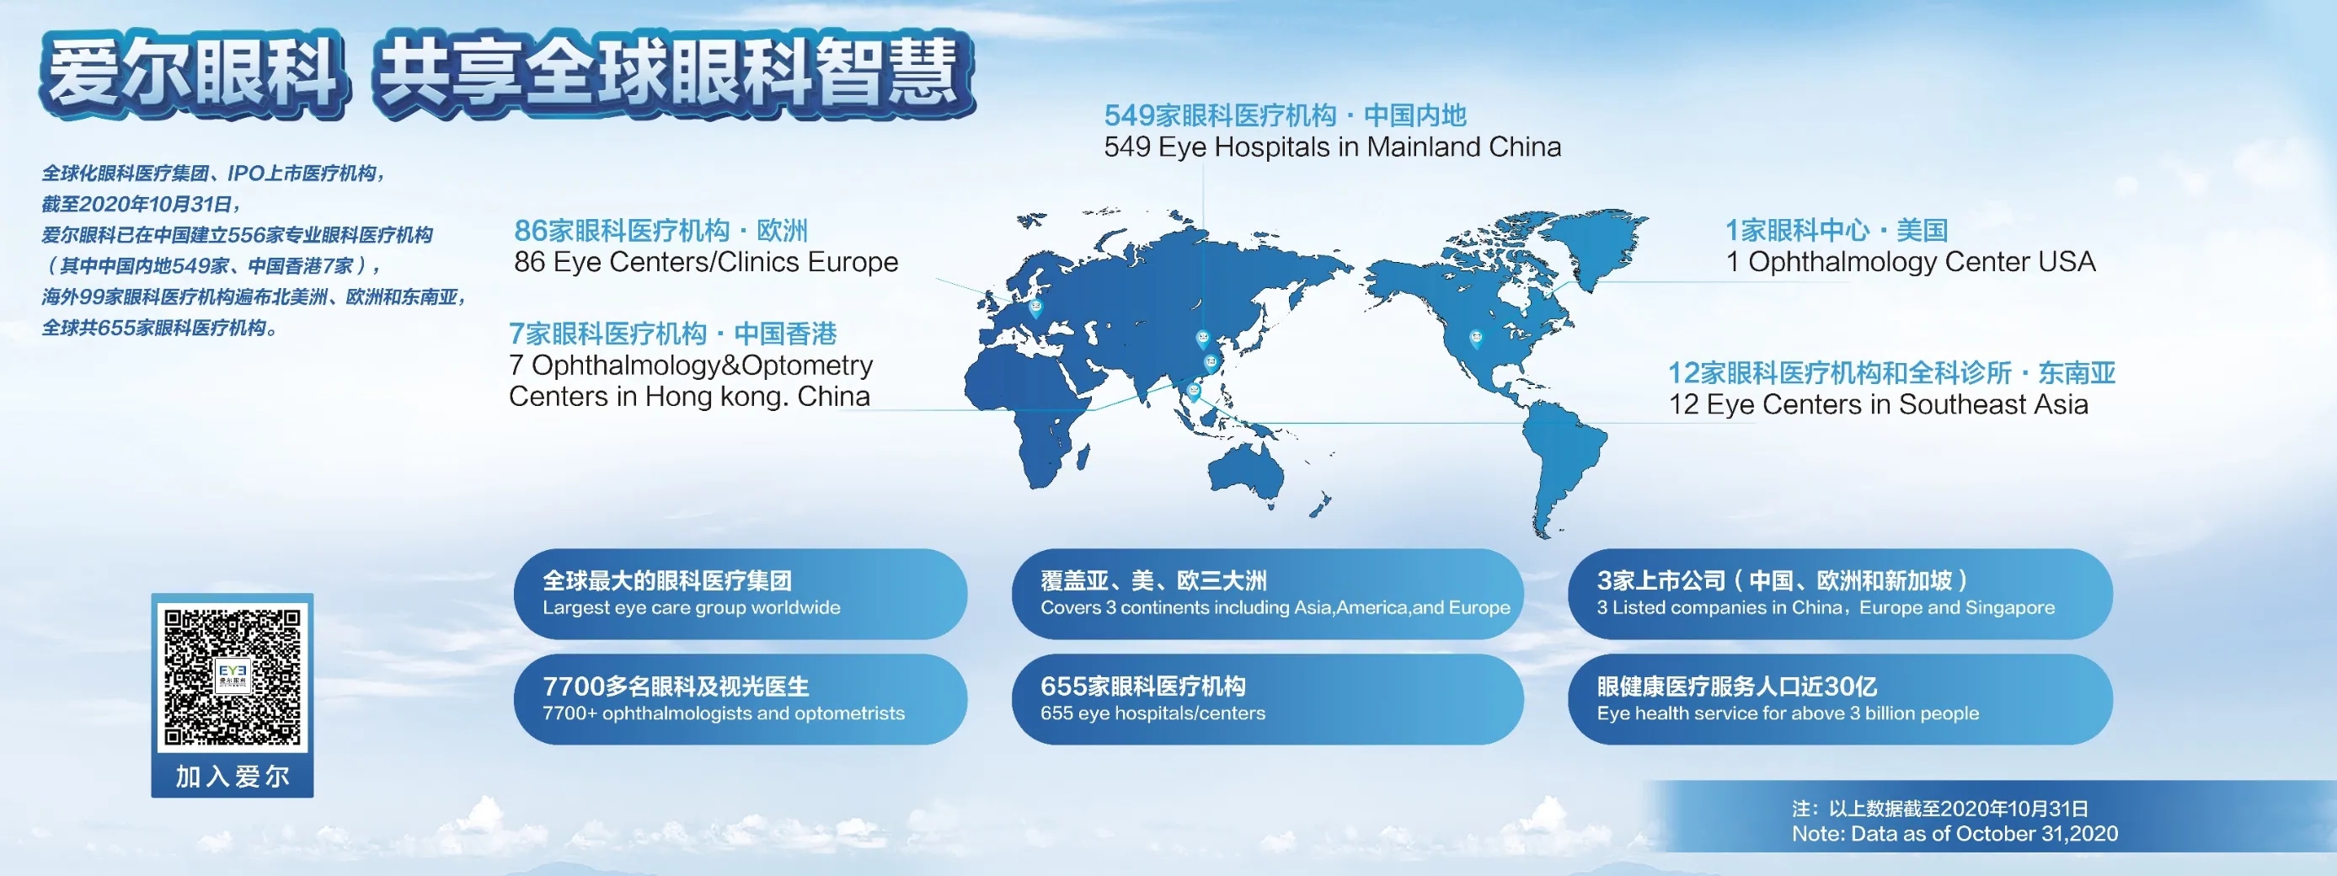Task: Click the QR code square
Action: coord(233,676)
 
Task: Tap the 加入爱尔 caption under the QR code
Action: coord(233,777)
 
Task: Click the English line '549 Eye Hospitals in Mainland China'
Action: coord(1332,147)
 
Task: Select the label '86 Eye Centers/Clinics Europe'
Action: coord(706,262)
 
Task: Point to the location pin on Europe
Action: coord(1035,308)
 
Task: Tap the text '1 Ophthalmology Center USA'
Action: coord(1911,262)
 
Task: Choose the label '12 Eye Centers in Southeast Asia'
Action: coord(1878,404)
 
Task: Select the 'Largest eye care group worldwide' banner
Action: coord(741,594)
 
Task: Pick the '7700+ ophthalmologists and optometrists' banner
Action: coord(741,699)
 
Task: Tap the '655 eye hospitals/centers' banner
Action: coord(1267,699)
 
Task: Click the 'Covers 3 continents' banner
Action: coord(1267,594)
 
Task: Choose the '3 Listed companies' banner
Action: coord(1840,594)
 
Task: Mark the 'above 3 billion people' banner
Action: coord(1840,699)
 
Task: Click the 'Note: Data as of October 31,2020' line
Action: coord(1955,834)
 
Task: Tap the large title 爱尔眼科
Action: coord(193,74)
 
